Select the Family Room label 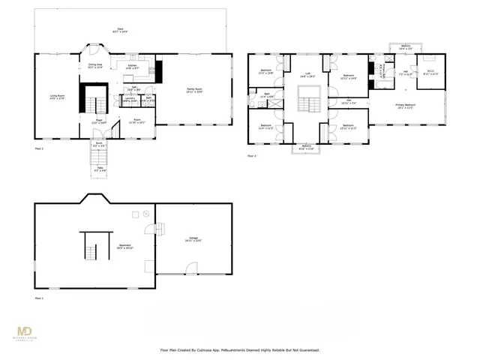click(x=195, y=90)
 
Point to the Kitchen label click(x=132, y=67)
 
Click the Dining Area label click(x=95, y=66)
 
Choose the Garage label click(x=193, y=240)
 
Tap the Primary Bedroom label click(x=406, y=106)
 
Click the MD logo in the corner click(x=25, y=332)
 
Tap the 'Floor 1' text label click(x=39, y=298)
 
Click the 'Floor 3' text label click(x=251, y=156)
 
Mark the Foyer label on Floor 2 click(x=98, y=121)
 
